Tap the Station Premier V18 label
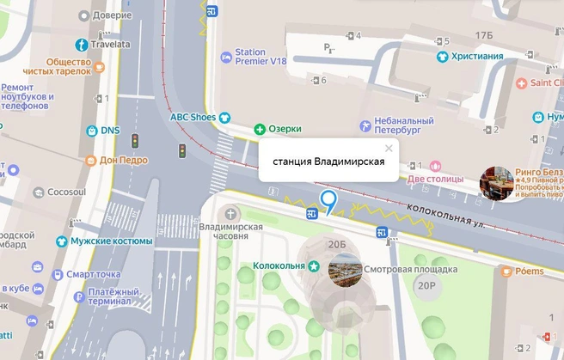click(262, 57)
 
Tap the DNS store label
click(109, 131)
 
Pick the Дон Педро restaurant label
click(123, 160)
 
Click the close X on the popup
click(389, 148)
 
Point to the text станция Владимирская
click(328, 162)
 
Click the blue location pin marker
click(328, 203)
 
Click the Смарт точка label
click(97, 275)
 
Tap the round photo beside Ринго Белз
click(495, 183)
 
